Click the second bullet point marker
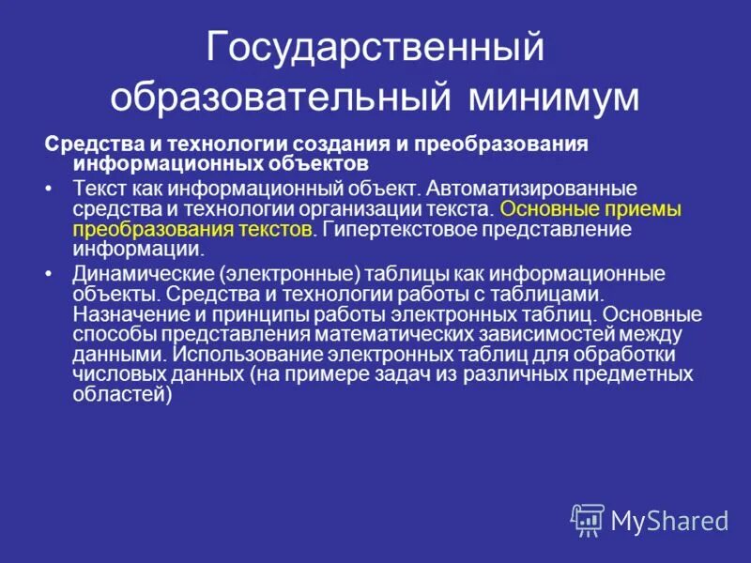(x=50, y=275)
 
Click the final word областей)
(x=123, y=395)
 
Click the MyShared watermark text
(x=669, y=520)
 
